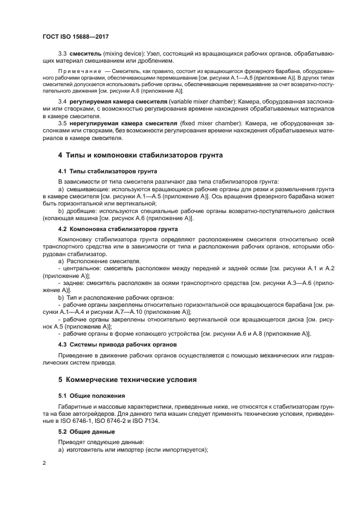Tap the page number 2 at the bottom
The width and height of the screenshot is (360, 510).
tap(44, 463)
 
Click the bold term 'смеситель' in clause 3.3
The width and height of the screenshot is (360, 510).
tap(84, 54)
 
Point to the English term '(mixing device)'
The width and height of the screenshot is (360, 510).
tap(121, 54)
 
